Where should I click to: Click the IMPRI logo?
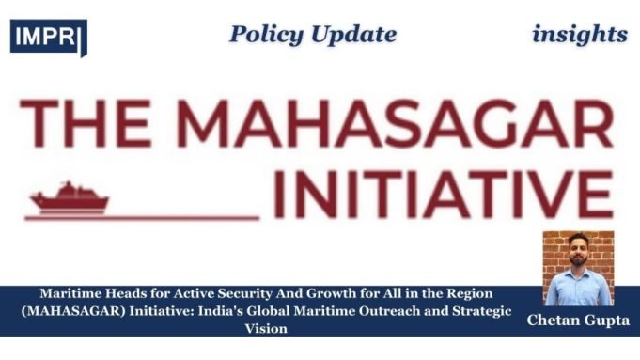[x=48, y=37]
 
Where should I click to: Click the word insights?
[x=579, y=35]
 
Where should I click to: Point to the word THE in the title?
[x=84, y=121]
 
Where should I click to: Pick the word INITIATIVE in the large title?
[x=445, y=192]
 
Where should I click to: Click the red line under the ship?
[x=141, y=217]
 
